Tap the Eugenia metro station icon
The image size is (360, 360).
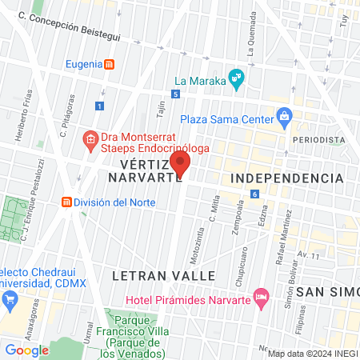[110, 64]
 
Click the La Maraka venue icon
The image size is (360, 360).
[235, 78]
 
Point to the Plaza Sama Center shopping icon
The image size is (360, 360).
[284, 117]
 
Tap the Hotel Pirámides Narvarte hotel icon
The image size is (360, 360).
[260, 297]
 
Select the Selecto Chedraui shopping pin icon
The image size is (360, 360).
[10, 301]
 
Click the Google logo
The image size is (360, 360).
[26, 350]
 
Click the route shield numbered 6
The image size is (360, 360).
[254, 194]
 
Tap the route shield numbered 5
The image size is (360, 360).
[174, 94]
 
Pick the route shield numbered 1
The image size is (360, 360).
[99, 105]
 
